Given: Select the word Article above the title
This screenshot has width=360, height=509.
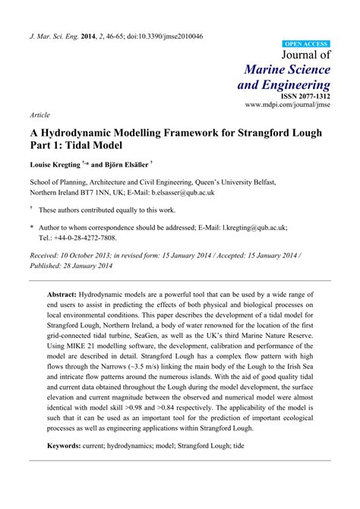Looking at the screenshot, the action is click(40, 115).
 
